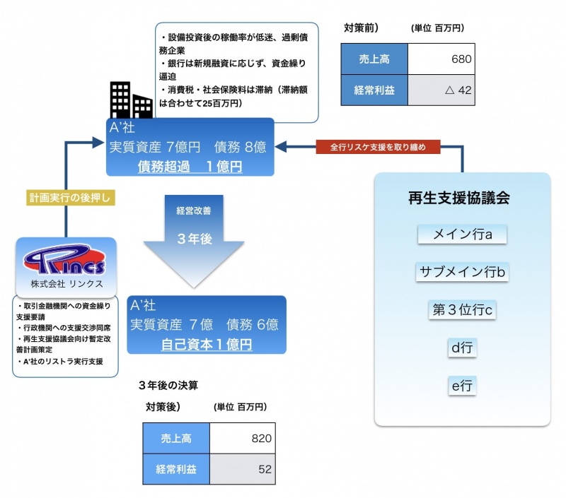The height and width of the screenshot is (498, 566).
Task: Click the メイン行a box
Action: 462,235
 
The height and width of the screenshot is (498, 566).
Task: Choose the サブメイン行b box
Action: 462,272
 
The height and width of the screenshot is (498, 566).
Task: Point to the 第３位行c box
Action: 462,309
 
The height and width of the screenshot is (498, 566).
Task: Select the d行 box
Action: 462,347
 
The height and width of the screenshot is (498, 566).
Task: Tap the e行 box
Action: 462,385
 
